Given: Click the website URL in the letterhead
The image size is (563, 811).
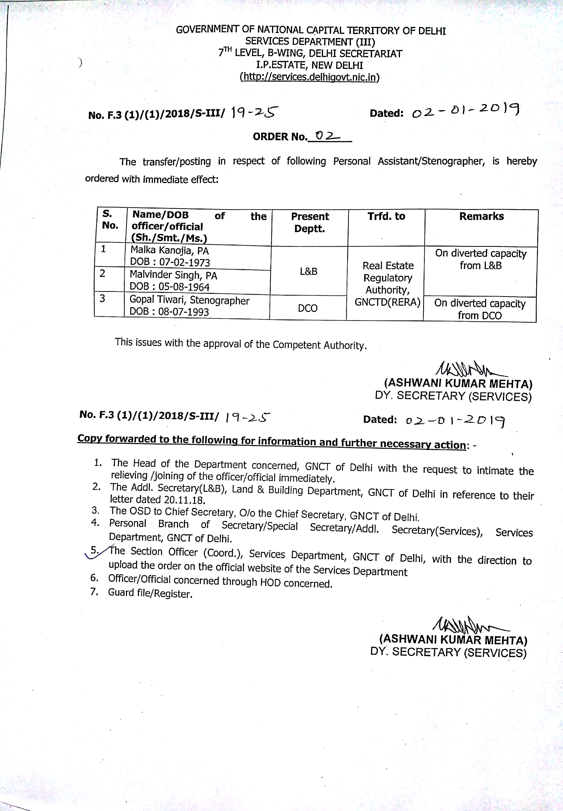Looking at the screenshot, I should coord(309,77).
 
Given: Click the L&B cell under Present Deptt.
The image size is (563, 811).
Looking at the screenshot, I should coord(308,271).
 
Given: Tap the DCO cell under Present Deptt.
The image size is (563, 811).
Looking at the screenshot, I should coord(308,308).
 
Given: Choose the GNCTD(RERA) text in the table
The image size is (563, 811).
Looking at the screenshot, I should coord(387,302).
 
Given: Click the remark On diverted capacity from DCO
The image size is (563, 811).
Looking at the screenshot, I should coord(480,309).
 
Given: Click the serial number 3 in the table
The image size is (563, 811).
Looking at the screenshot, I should coord(102,299).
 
